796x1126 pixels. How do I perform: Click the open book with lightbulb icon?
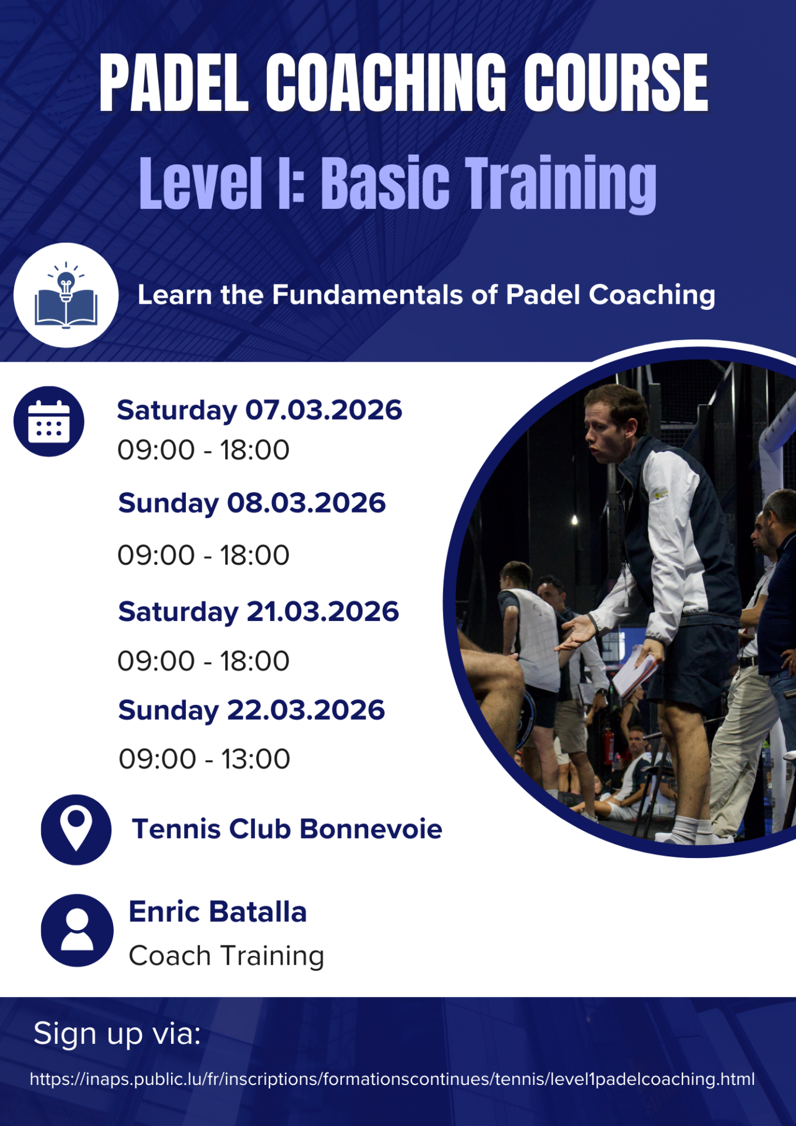(x=66, y=295)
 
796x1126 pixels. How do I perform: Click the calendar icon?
(x=49, y=421)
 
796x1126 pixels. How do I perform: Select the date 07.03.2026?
(x=324, y=409)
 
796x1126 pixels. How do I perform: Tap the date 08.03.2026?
(x=307, y=503)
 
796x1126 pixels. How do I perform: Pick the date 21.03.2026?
(x=323, y=611)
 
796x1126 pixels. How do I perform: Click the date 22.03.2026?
(x=306, y=710)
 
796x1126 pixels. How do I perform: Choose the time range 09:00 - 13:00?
(x=205, y=759)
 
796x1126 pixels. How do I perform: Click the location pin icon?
(x=76, y=829)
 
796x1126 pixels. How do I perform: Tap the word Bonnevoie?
(x=371, y=829)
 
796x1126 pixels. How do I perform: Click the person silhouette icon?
(x=77, y=930)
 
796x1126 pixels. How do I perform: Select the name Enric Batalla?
(x=217, y=911)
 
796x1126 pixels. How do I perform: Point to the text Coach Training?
(x=226, y=956)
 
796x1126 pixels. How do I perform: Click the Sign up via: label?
(x=117, y=1033)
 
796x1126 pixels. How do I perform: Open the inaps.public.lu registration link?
(x=392, y=1079)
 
